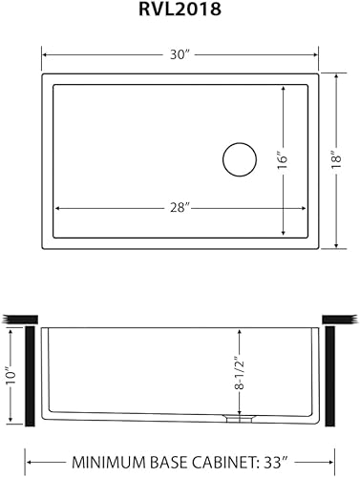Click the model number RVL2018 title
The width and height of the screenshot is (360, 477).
pos(180,12)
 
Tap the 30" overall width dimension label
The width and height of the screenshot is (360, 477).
pos(180,56)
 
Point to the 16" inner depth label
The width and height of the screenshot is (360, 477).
pos(284,159)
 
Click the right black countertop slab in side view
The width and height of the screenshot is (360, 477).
pos(339,318)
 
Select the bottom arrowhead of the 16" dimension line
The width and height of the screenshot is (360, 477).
pos(284,234)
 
